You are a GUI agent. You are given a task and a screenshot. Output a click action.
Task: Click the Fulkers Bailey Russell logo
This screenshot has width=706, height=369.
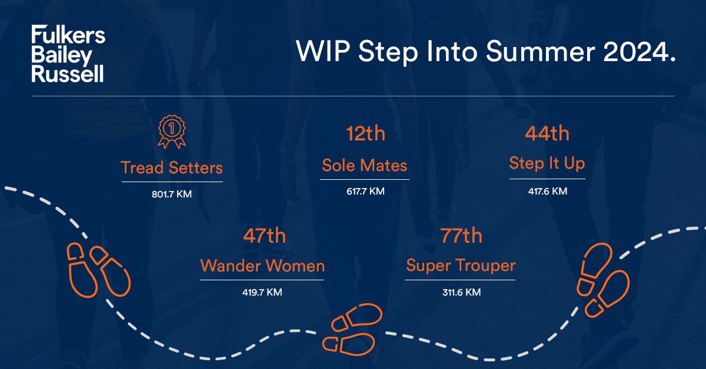pos(68,54)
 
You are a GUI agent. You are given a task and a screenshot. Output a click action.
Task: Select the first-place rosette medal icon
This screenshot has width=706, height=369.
pos(172,133)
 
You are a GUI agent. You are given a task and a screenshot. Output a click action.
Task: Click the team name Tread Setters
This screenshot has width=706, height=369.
pos(172,167)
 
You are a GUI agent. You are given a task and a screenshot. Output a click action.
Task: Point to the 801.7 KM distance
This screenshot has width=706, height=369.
pos(172,194)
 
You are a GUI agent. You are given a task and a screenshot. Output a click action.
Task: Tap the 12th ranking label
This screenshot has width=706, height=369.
pos(365,133)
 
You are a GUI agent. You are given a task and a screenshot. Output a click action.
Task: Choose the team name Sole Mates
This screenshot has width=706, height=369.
pos(365,165)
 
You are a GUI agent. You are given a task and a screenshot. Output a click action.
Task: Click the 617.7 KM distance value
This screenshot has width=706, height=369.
pos(365,191)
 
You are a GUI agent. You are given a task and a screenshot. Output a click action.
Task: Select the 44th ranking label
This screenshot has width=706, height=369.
pos(547,133)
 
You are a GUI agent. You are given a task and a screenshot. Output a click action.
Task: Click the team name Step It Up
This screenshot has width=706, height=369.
pos(547,164)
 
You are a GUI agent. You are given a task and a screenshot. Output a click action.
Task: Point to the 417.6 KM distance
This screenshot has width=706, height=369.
pos(547,191)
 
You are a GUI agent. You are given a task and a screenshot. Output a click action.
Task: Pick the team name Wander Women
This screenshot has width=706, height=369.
pos(262,266)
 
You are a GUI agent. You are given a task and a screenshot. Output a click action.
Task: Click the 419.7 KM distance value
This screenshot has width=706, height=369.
pos(262,292)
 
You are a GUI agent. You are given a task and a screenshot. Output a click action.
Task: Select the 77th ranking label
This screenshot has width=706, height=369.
pos(461,236)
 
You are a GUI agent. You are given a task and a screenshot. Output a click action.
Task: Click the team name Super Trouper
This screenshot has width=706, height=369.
pos(461,266)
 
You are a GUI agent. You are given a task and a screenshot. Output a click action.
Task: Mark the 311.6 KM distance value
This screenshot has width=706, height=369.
pos(461,292)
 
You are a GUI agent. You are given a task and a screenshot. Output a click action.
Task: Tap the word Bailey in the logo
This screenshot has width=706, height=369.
pos(62,55)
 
